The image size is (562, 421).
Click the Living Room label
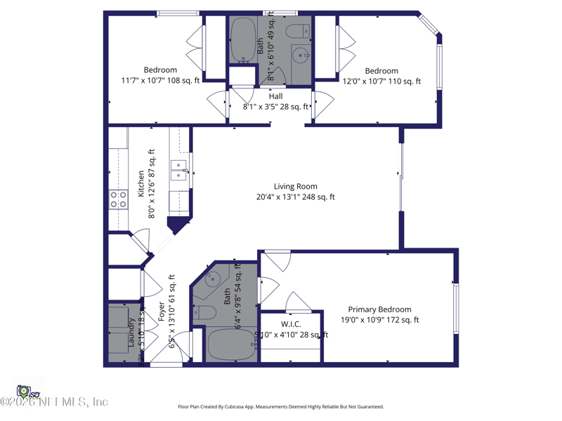pos(295,187)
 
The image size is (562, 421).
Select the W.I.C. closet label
pos(291,324)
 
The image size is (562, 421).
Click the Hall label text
pos(275,96)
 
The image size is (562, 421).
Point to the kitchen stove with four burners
pos(118,200)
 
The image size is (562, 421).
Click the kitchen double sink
pos(179,171)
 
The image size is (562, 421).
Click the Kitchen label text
pos(141,183)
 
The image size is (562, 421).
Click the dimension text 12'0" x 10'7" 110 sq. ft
pos(381,81)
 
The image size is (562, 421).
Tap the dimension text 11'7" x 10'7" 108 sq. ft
pos(160,81)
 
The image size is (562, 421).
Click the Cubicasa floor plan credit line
pos(281,407)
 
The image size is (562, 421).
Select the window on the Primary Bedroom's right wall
pos(456,309)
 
